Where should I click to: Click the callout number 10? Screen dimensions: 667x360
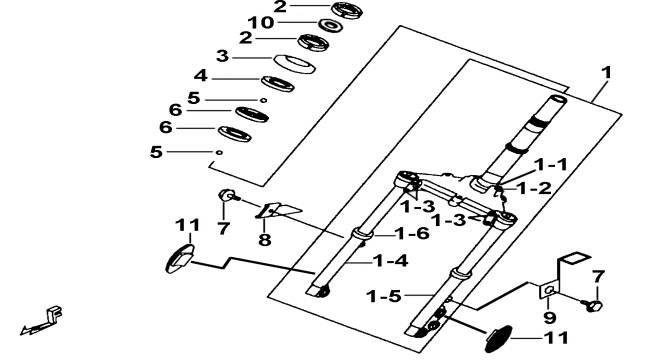point(261,23)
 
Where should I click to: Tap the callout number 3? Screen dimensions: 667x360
point(222,56)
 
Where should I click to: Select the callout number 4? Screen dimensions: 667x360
point(200,76)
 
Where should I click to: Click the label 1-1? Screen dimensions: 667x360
point(551,164)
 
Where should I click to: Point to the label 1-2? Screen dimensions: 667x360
point(534,188)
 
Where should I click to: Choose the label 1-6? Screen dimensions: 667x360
point(412,233)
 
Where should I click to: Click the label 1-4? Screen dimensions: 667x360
point(391,260)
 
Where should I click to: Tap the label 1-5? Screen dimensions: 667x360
point(384,296)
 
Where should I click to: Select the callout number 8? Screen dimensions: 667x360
point(265,240)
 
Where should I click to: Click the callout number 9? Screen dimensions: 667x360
point(549,317)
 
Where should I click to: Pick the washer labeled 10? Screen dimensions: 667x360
point(331,25)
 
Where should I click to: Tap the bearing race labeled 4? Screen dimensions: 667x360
point(277,84)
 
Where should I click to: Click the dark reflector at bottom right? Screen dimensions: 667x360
point(498,339)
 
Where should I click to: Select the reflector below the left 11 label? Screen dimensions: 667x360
point(180,259)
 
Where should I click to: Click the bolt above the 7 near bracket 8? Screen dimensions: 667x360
point(229,196)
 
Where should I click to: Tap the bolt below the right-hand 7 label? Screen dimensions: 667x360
point(592,305)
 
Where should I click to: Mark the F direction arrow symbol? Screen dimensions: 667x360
point(42,321)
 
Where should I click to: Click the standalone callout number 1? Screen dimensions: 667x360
point(606,73)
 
